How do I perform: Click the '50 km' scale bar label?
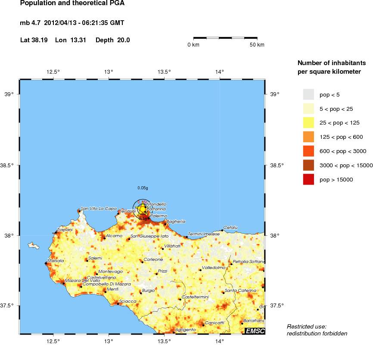(257, 45)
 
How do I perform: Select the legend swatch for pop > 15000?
(309, 179)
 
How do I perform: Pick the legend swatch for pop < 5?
(309, 94)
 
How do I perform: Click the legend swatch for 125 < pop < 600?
(309, 137)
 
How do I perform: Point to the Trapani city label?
(65, 229)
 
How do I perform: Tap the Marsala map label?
(56, 260)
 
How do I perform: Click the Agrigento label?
(186, 329)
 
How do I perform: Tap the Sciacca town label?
(128, 301)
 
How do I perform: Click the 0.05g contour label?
(143, 188)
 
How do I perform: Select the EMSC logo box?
(255, 331)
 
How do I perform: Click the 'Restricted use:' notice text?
(306, 326)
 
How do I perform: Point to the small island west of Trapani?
(33, 246)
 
